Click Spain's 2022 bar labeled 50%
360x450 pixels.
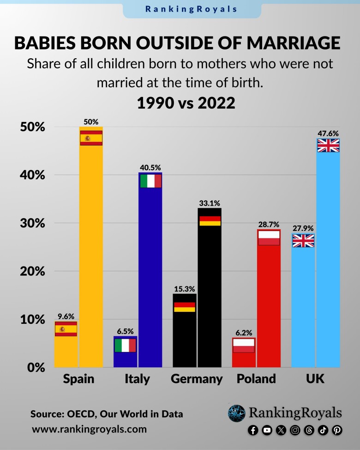click(x=91, y=254)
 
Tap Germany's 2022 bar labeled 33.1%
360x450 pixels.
click(x=210, y=296)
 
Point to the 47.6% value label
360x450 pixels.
click(x=328, y=133)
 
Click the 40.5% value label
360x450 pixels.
click(x=150, y=167)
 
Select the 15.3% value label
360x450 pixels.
click(x=185, y=289)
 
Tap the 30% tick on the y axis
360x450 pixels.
click(x=32, y=223)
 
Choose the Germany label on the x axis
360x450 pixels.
click(x=197, y=379)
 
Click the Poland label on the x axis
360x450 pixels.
click(x=256, y=379)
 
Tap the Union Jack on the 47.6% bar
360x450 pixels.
click(x=328, y=146)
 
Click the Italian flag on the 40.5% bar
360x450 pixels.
click(x=150, y=181)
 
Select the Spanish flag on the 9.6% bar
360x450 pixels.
click(x=66, y=329)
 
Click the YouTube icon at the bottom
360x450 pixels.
click(x=267, y=430)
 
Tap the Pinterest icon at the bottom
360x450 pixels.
click(x=337, y=430)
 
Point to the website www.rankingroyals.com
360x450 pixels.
click(x=89, y=429)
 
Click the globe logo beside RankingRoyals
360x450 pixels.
click(x=236, y=413)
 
